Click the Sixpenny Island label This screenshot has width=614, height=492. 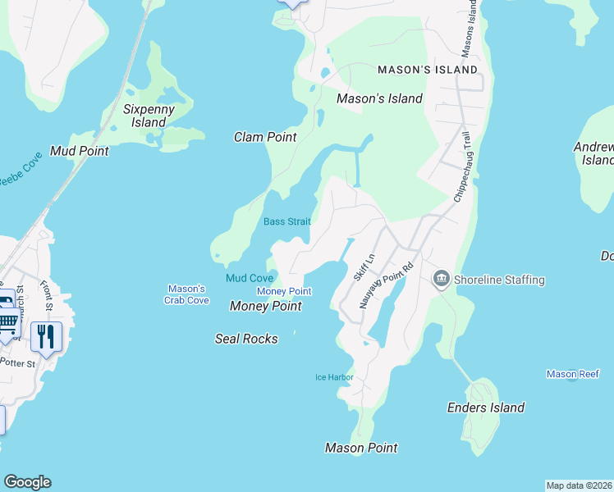144,115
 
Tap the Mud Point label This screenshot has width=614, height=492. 80,151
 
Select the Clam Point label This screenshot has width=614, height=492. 265,137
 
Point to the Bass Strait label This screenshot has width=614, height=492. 286,222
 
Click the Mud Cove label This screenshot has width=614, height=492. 250,279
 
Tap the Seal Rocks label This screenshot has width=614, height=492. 246,339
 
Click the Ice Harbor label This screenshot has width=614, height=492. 334,377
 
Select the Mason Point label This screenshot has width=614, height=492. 361,448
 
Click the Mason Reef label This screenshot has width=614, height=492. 573,375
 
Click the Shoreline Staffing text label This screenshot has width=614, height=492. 499,280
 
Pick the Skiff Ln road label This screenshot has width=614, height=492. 364,267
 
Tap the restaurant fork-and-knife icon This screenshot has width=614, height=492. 46,335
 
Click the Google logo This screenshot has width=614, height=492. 27,482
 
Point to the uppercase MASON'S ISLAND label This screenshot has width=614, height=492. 428,71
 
